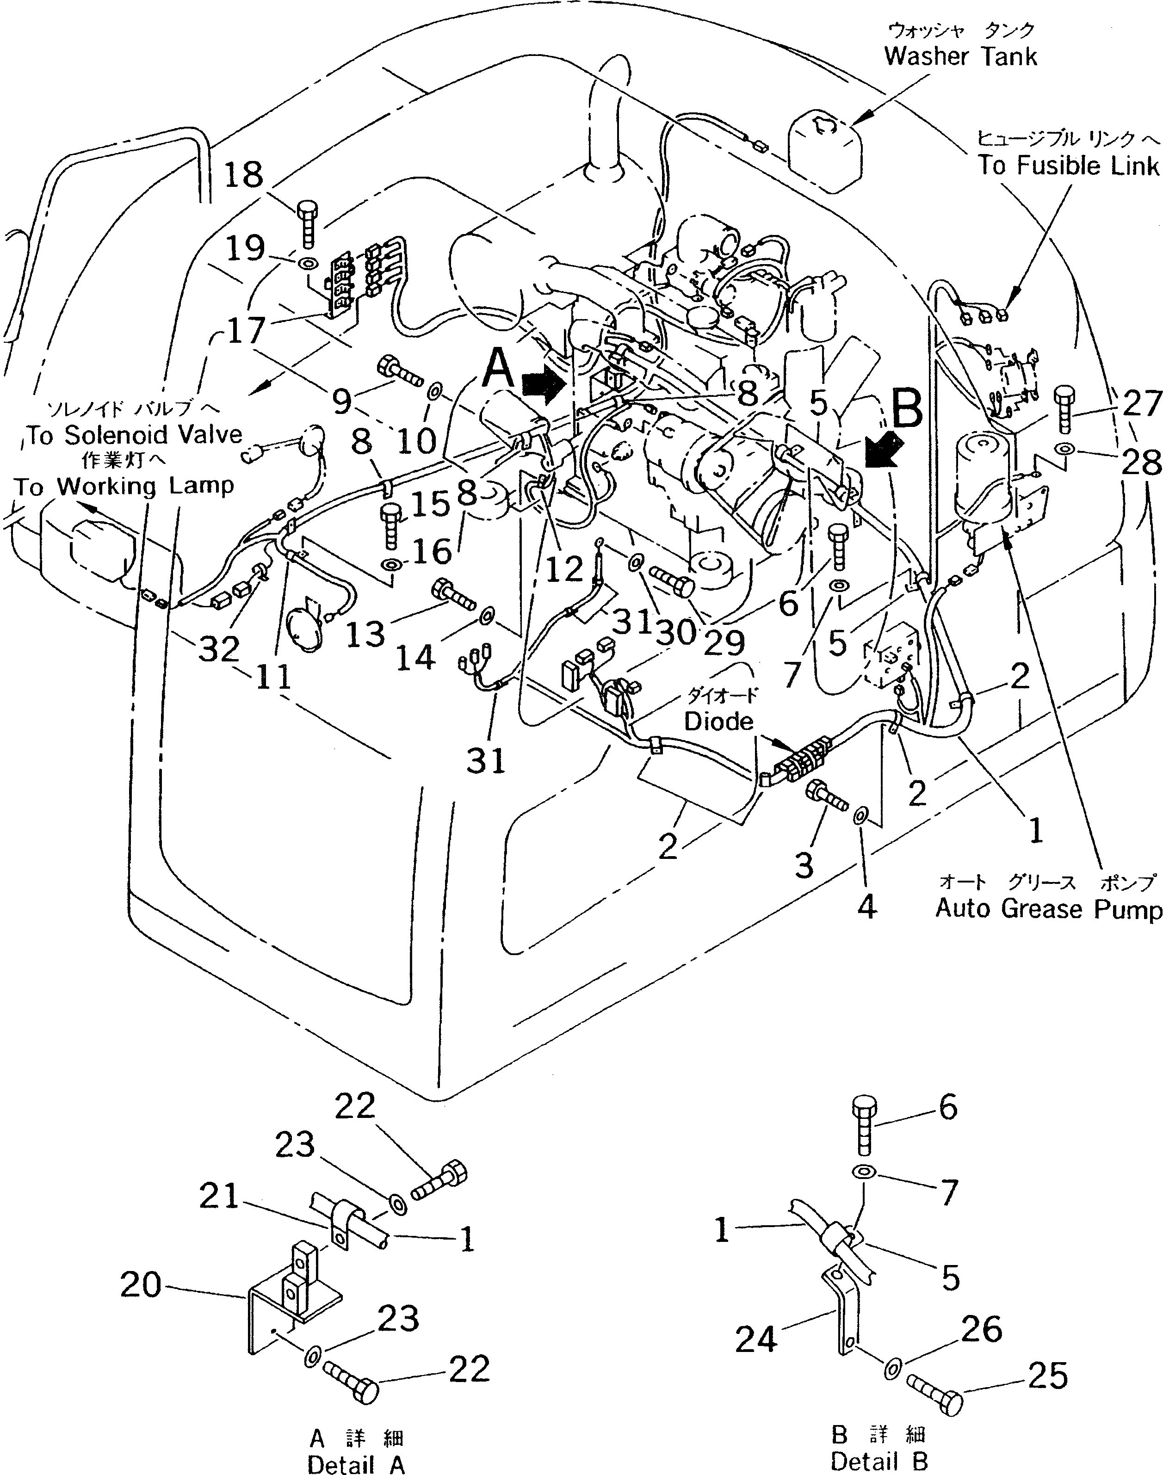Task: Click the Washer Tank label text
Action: (960, 56)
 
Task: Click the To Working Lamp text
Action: (124, 486)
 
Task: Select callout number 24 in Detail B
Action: (756, 1340)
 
